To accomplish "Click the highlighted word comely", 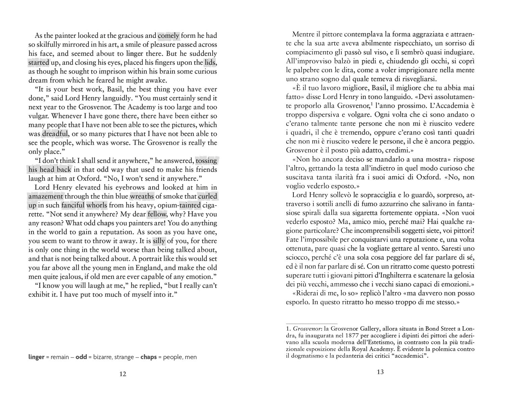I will (168, 36).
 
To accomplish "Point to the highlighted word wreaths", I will (142, 196).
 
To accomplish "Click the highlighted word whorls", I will (97, 205).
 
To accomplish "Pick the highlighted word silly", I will (159, 241).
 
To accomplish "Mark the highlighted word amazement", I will (46, 196).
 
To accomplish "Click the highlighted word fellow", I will (157, 214).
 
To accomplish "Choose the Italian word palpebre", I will (300, 70).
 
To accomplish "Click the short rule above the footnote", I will (311, 323).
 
